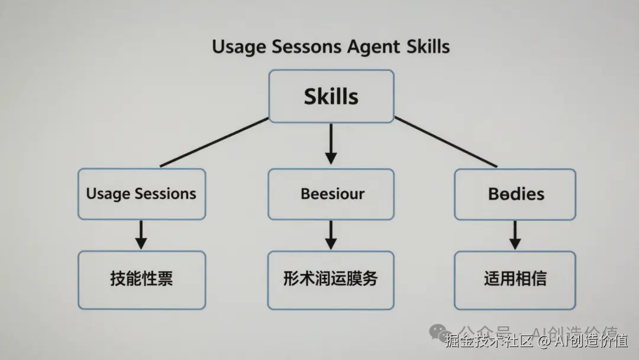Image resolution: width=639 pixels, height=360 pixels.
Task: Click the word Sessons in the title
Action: point(292,47)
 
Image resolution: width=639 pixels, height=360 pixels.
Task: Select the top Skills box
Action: point(331,96)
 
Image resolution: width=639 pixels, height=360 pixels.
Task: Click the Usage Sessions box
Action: point(141,194)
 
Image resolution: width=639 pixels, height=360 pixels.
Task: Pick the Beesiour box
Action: point(331,194)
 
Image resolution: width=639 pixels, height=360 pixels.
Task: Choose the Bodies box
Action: point(515,194)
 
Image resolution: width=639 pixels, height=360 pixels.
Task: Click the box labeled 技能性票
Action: point(141,279)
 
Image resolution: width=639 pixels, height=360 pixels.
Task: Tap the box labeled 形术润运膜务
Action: point(331,279)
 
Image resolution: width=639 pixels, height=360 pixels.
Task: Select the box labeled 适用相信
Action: point(515,279)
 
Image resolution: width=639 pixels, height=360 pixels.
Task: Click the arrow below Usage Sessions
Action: point(141,234)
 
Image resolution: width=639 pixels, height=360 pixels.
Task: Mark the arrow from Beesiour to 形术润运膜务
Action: point(331,234)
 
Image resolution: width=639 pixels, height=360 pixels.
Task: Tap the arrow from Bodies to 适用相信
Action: point(515,234)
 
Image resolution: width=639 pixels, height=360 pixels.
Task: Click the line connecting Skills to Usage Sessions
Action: point(214,142)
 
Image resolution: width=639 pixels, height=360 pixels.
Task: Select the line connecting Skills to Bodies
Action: point(445,142)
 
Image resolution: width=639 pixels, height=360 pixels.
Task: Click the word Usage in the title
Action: point(236,47)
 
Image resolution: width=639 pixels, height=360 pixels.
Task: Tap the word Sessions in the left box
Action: point(165,194)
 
